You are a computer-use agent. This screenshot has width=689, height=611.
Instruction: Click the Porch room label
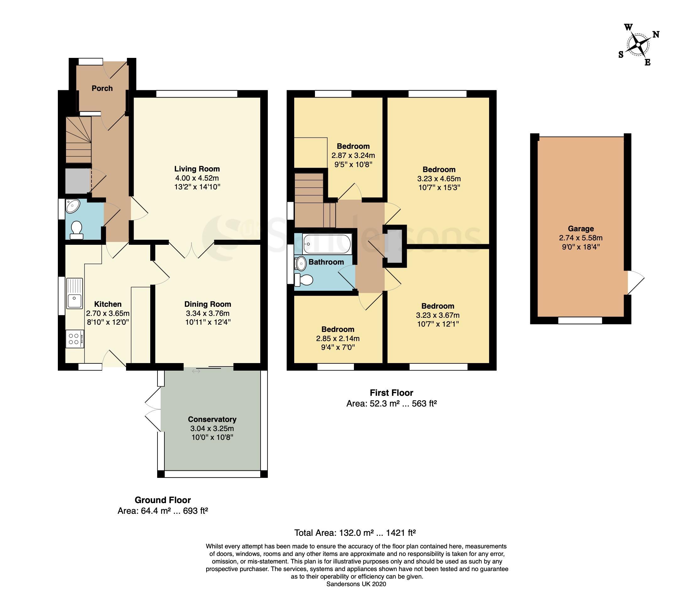(x=102, y=88)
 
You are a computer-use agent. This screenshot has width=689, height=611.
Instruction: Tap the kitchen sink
(x=74, y=293)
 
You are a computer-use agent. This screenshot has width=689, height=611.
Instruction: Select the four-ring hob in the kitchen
(x=75, y=339)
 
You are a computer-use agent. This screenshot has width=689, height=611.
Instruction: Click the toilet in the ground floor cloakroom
(x=76, y=230)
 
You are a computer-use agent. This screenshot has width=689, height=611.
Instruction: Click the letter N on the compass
(x=656, y=34)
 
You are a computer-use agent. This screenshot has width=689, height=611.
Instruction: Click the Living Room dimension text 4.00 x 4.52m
(x=197, y=178)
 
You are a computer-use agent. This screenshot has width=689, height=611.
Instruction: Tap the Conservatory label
(x=212, y=419)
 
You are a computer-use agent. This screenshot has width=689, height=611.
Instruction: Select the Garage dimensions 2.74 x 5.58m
(x=581, y=238)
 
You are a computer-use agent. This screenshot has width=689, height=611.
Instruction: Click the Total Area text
(x=355, y=533)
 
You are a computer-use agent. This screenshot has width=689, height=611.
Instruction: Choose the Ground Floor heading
(x=163, y=500)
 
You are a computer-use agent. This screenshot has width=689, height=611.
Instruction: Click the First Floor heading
(x=391, y=393)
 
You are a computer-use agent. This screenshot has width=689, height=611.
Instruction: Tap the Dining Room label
(x=207, y=304)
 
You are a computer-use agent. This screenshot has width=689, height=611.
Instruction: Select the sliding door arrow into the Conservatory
(x=196, y=372)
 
